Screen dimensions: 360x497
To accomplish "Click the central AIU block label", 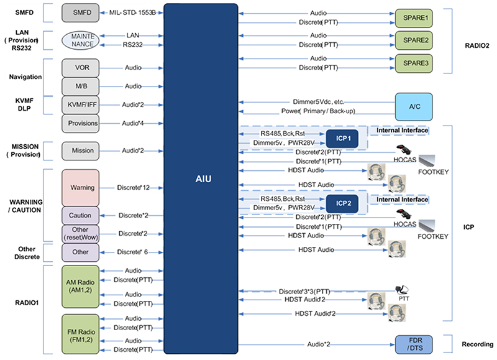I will pyautogui.click(x=200, y=179).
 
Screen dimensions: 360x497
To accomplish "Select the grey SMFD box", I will pyautogui.click(x=81, y=12).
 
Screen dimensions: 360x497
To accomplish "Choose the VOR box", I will pyautogui.click(x=81, y=67).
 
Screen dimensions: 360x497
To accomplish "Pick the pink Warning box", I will pyautogui.click(x=81, y=186).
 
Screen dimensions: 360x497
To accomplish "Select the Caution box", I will pyautogui.click(x=81, y=215).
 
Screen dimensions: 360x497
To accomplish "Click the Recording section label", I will pyautogui.click(x=478, y=344).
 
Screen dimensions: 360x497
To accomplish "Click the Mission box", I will pyautogui.click(x=81, y=150).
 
